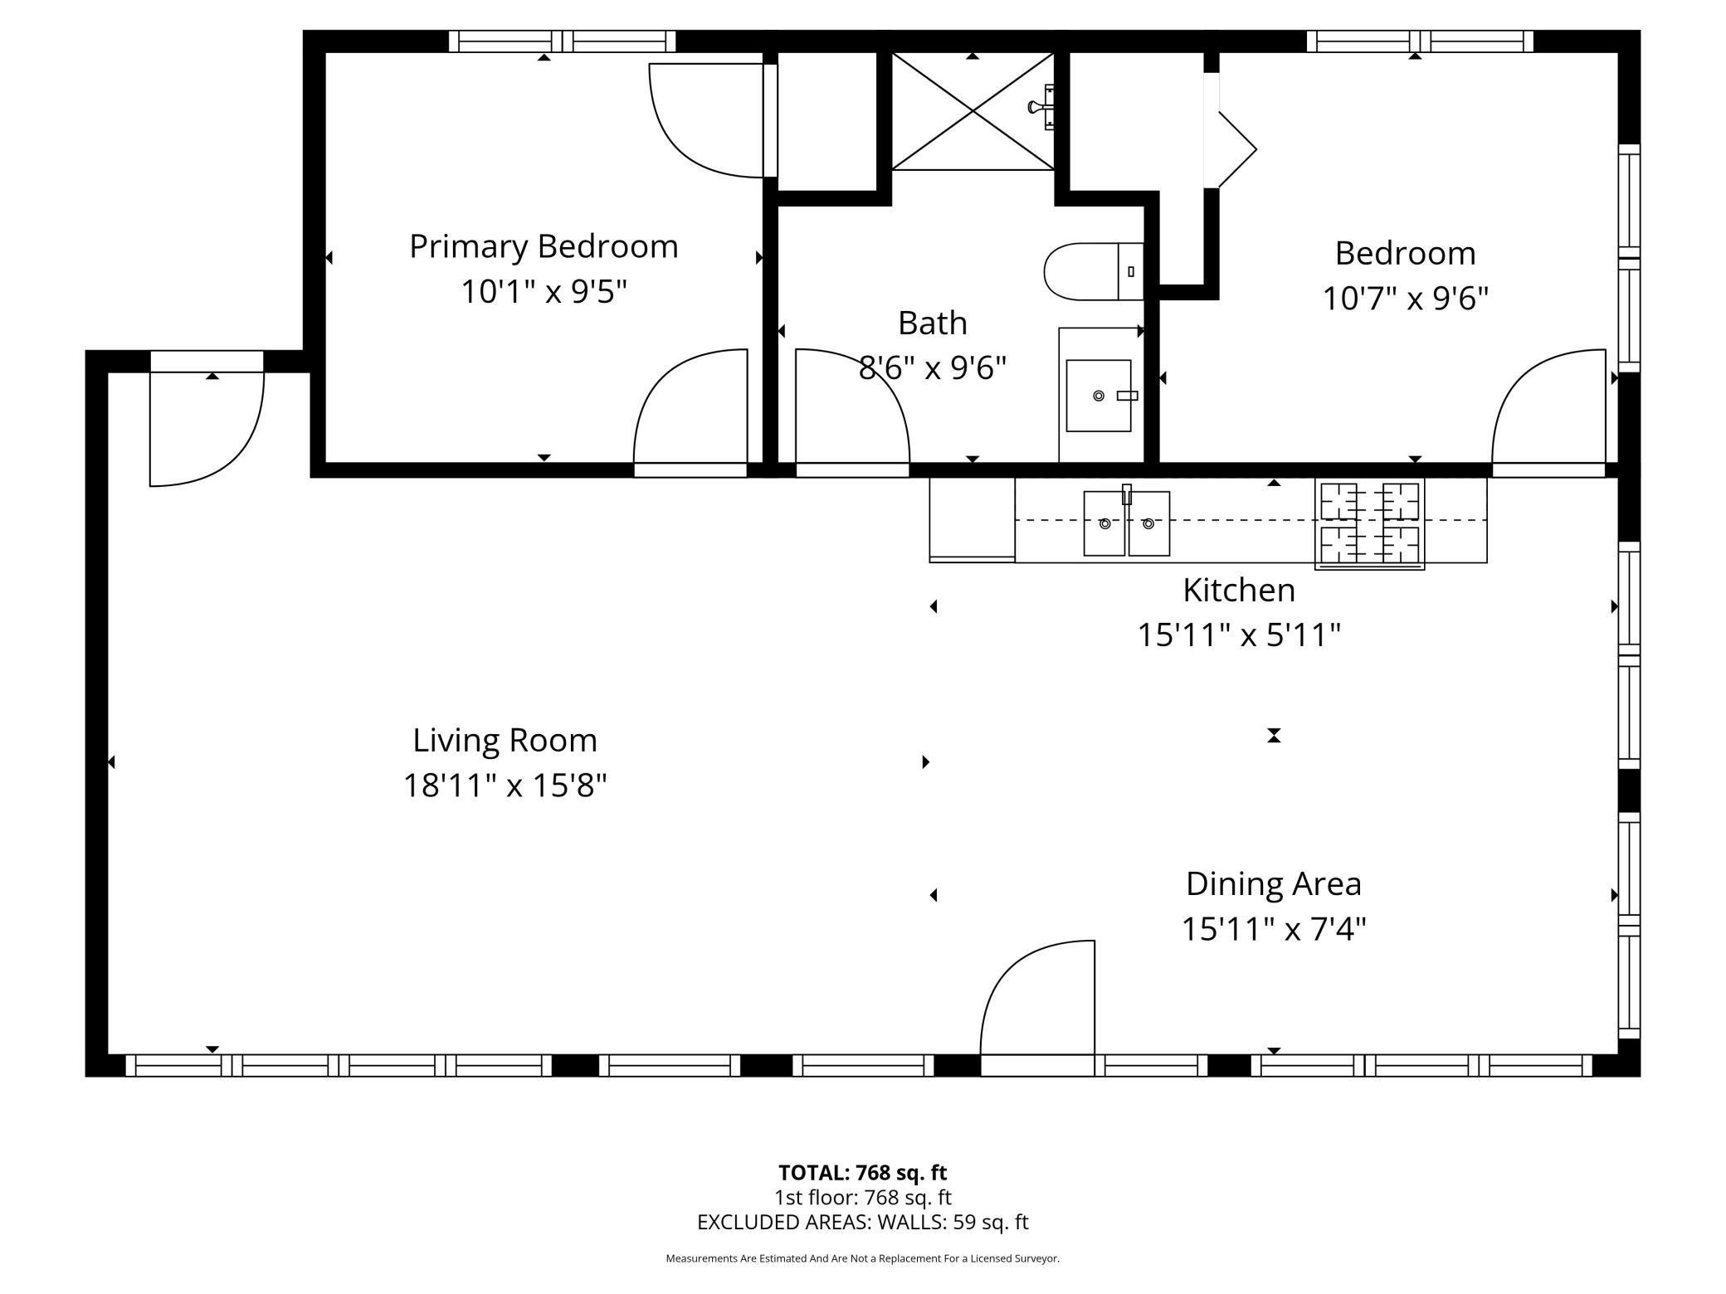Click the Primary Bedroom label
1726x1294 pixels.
coord(544,246)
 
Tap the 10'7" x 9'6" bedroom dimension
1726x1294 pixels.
coord(1405,298)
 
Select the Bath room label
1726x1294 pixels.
coord(933,323)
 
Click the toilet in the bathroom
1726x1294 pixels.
coord(1094,271)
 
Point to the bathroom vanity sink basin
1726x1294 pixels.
coord(1098,396)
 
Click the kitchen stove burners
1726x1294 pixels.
coord(1369,523)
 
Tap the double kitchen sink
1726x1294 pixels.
coord(1127,523)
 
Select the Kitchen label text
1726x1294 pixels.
coord(1239,590)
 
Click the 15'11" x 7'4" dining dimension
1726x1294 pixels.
coord(1274,928)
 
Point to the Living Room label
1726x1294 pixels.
coord(505,740)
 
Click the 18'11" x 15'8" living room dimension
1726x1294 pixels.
coord(505,785)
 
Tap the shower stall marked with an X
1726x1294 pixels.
coord(973,111)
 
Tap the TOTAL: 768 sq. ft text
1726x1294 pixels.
coord(862,1172)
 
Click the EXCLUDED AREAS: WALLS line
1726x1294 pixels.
coord(862,1222)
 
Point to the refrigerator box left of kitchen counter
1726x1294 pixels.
coord(972,519)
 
